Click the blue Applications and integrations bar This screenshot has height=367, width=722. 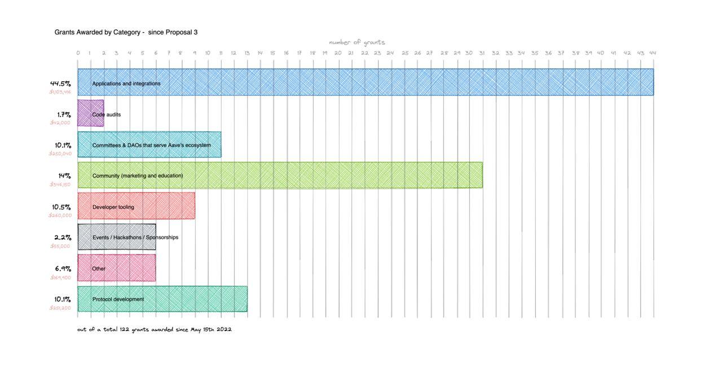(x=366, y=82)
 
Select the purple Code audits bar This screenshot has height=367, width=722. (x=91, y=113)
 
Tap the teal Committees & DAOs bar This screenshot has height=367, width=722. (x=149, y=145)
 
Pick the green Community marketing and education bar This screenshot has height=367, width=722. (x=280, y=176)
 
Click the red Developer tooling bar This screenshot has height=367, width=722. (x=137, y=206)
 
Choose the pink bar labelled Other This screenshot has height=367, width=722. (x=117, y=268)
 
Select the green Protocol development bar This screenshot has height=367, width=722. (x=162, y=299)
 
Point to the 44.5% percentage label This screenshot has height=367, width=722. (x=60, y=84)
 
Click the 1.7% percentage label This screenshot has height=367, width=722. (x=64, y=115)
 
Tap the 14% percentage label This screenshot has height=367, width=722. (x=64, y=176)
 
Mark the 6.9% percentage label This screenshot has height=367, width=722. (x=63, y=269)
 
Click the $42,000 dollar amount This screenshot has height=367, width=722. (x=60, y=123)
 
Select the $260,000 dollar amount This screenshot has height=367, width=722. (x=60, y=215)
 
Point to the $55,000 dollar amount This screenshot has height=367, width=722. (x=60, y=246)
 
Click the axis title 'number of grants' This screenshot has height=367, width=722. (x=357, y=42)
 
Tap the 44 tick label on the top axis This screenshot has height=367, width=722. (x=653, y=53)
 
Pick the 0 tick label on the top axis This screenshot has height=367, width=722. (x=78, y=53)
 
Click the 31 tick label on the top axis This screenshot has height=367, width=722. (x=482, y=53)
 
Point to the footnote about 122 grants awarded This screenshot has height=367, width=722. (x=155, y=329)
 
